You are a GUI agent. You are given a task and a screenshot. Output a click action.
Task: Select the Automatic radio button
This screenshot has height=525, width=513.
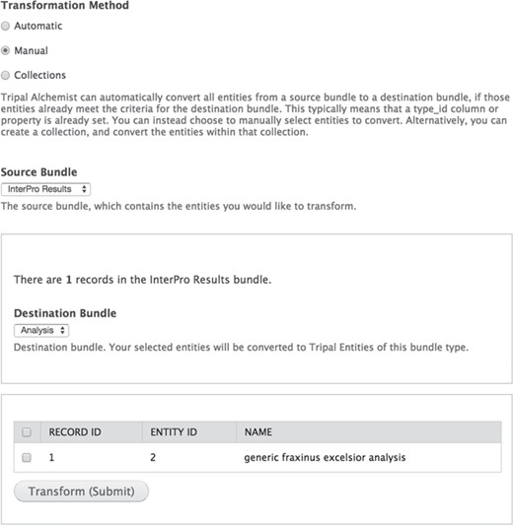7,26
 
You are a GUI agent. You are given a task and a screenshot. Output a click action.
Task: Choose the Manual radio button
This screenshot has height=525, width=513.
7,50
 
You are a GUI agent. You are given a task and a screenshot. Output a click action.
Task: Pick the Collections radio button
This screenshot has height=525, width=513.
7,75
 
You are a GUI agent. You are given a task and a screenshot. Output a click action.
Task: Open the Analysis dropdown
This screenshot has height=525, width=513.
41,330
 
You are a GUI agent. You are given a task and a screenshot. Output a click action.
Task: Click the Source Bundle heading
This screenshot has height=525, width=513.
45,171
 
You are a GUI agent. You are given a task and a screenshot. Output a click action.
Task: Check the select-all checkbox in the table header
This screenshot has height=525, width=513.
27,432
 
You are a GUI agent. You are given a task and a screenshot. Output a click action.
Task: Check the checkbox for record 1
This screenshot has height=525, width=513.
27,458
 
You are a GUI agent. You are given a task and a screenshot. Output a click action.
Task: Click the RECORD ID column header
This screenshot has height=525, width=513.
82,432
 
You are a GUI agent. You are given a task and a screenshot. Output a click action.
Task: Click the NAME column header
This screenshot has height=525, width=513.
257,432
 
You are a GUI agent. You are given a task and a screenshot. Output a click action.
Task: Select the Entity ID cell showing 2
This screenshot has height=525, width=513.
154,458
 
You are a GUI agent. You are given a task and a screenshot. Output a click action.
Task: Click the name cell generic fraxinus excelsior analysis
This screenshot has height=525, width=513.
325,458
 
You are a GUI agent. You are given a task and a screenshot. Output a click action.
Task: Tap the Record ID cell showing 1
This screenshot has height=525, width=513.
52,458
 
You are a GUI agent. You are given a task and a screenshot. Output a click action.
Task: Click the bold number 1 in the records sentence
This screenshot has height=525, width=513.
70,281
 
